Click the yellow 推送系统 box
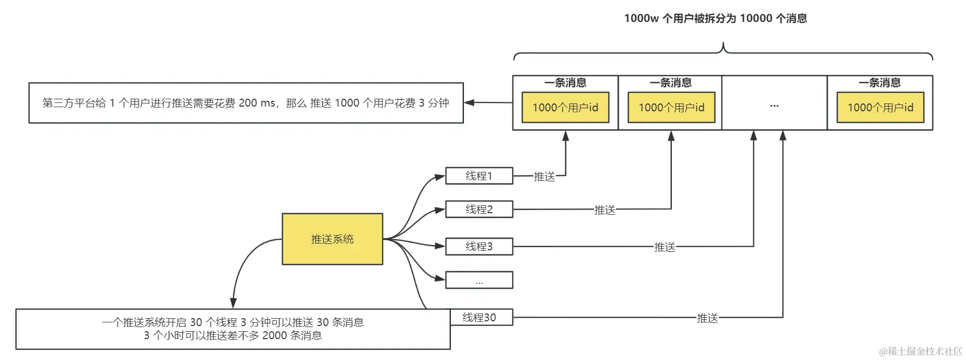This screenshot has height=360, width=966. (332, 239)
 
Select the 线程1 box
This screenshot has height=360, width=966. (479, 176)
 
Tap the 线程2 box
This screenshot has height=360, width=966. (479, 210)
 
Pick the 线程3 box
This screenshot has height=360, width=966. (479, 246)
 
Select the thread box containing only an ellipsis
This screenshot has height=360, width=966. (479, 281)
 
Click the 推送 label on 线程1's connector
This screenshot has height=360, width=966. (544, 177)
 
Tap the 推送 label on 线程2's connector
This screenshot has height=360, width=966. (604, 210)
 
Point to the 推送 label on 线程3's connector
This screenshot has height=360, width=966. (665, 247)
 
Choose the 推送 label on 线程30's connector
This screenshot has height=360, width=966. (707, 318)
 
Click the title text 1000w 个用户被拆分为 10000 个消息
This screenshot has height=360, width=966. (715, 18)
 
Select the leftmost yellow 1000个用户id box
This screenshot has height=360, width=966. (565, 108)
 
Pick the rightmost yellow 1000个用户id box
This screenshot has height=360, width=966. (880, 108)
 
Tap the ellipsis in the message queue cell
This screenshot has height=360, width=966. (774, 106)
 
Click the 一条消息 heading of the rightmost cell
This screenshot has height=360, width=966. (880, 83)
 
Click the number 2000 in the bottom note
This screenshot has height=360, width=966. (274, 335)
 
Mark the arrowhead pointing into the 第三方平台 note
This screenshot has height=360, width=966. (469, 102)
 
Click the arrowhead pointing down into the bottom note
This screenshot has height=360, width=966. (233, 303)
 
